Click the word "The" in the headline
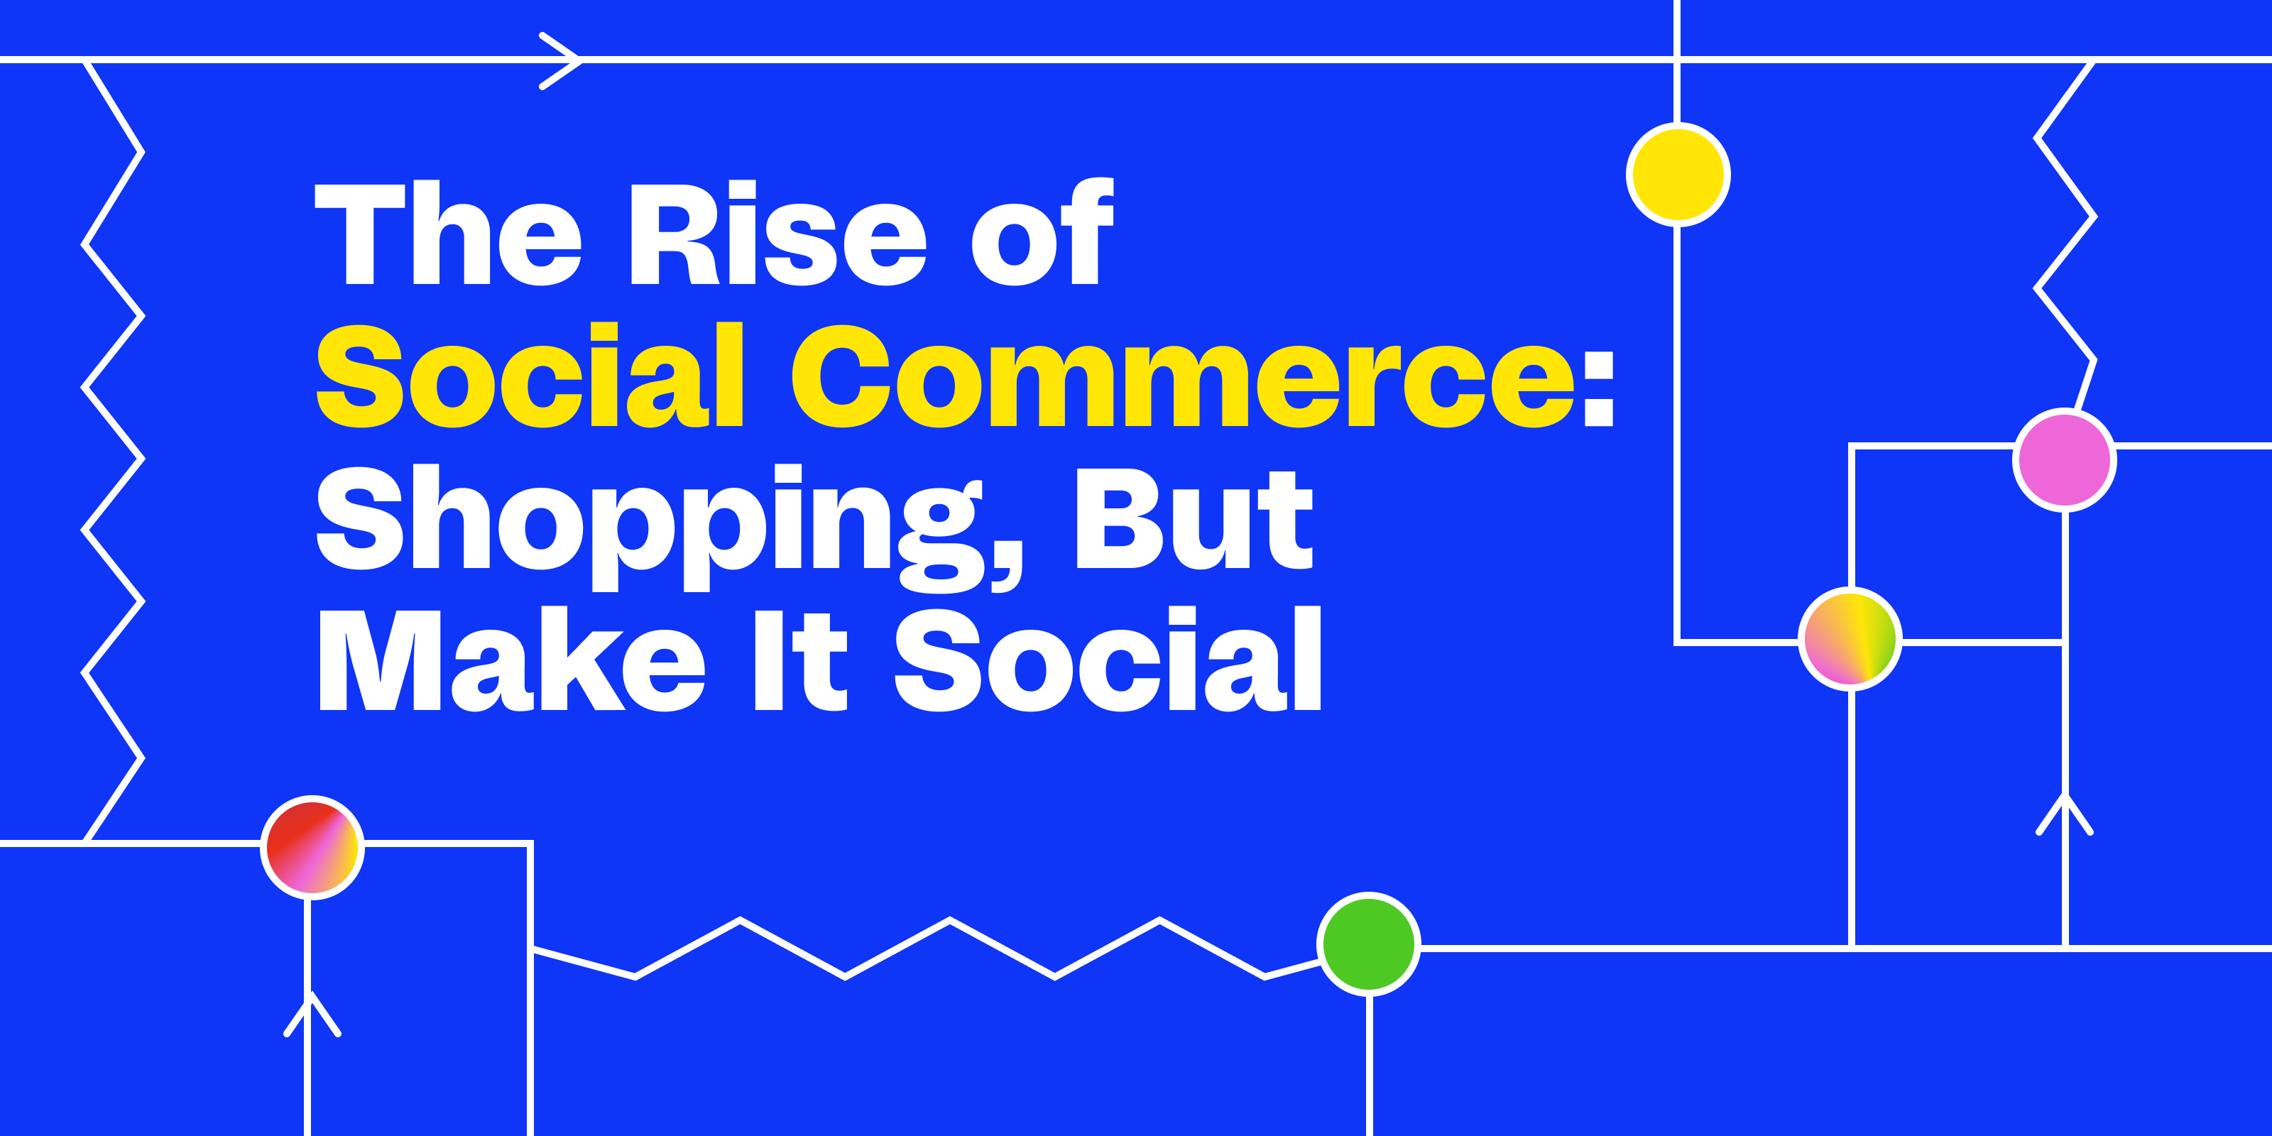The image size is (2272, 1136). coord(448,234)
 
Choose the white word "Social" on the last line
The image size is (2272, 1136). coord(1108,659)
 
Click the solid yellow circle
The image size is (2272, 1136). coord(1678,175)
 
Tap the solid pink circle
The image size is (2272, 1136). coord(2065,459)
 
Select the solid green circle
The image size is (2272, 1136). coord(1369,944)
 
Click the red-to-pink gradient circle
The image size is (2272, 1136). coord(312,848)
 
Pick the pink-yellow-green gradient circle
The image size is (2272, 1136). coord(1850,638)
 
